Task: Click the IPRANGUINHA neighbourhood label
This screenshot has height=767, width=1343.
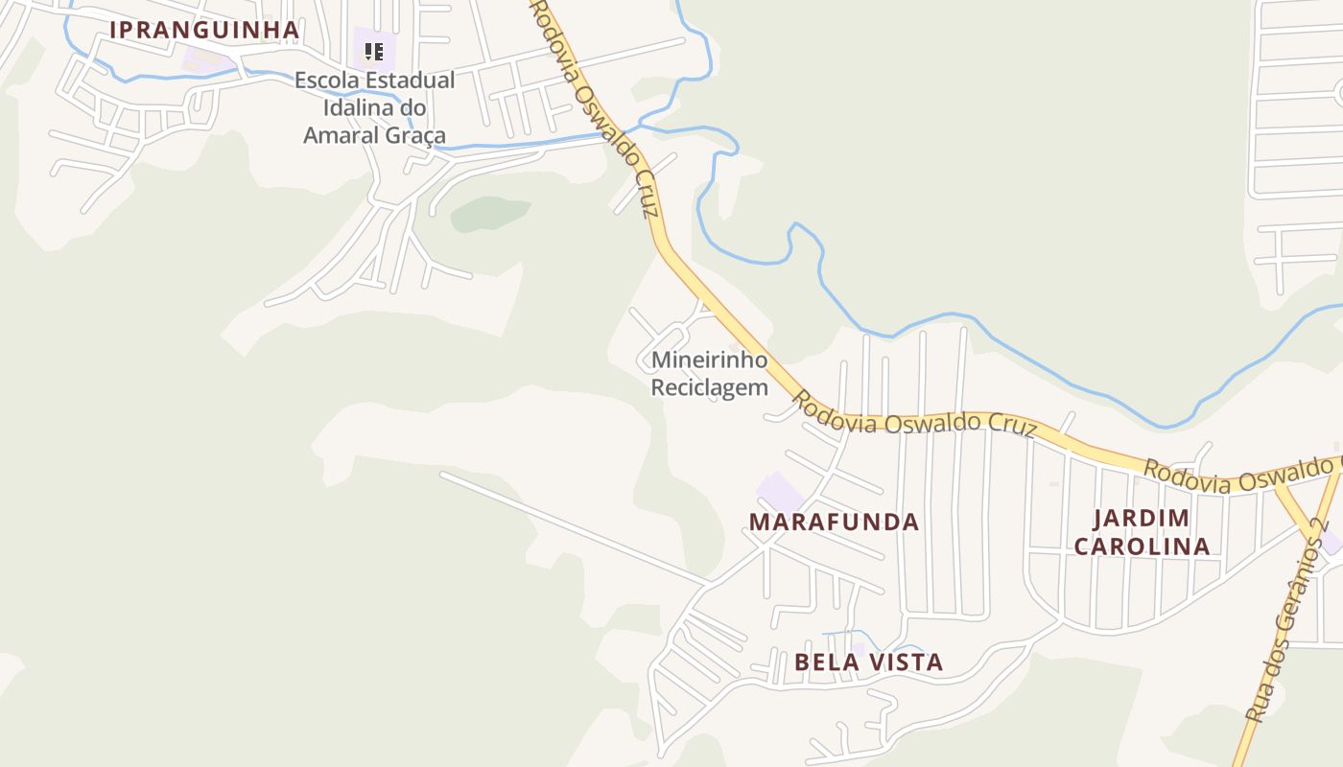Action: point(204,30)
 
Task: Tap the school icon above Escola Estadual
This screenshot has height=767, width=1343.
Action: point(374,51)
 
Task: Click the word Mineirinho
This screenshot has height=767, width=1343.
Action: point(710,360)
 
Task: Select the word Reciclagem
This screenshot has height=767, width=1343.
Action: point(710,387)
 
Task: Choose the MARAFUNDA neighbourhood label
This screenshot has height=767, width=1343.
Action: point(834,523)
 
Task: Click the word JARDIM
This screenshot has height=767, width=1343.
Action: point(1142,519)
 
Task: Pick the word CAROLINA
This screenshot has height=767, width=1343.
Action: point(1142,546)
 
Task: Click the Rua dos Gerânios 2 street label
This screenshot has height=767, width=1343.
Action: point(1286,620)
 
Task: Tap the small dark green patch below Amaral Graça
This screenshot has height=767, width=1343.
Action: point(489,214)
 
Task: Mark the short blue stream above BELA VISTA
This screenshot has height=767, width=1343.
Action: point(854,635)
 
